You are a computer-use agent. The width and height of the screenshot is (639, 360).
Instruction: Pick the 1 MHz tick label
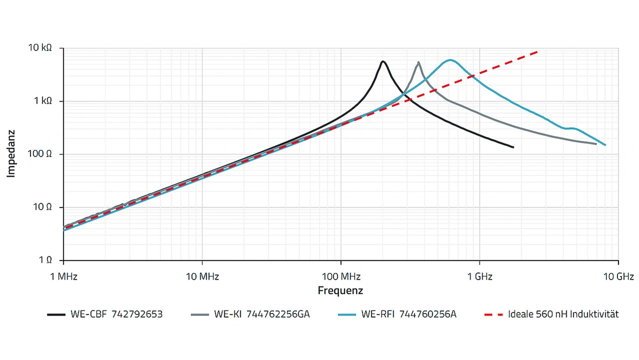[x=64, y=276]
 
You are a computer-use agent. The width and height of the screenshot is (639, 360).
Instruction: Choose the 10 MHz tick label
[x=202, y=276]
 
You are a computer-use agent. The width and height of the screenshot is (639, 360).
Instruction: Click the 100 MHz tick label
[x=340, y=276]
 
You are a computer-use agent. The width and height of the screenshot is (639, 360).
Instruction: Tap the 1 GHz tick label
[x=479, y=276]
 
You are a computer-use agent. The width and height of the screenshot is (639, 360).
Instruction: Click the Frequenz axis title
[x=340, y=291]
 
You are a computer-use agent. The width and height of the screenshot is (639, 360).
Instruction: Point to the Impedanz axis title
[x=11, y=154]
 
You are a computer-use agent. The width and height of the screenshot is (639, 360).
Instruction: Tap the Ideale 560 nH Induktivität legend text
[x=563, y=315]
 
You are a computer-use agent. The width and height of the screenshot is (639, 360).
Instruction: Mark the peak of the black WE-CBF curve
[x=383, y=61]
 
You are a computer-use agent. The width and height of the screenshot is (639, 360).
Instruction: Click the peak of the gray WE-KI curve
[x=418, y=62]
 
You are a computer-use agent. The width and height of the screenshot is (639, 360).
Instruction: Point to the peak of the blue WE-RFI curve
[x=450, y=60]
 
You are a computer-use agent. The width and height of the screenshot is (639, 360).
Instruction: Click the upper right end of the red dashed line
[x=538, y=51]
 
